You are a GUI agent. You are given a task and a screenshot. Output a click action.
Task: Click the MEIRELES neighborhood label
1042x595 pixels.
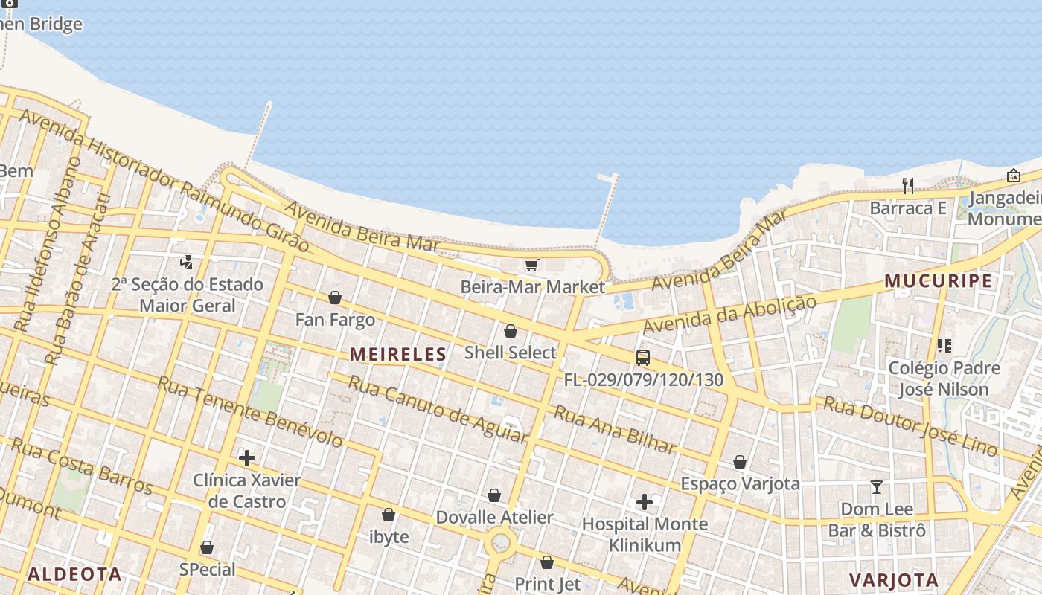tap(398, 355)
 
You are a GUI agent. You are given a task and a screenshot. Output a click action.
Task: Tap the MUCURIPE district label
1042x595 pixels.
tap(938, 281)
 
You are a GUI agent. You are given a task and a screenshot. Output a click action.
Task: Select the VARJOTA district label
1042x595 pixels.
tap(893, 580)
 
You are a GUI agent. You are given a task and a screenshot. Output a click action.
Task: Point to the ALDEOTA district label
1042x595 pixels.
tap(74, 574)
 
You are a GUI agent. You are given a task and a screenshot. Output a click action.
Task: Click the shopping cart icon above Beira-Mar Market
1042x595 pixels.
tap(531, 265)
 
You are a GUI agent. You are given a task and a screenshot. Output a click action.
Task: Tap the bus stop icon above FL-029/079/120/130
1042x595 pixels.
tap(643, 358)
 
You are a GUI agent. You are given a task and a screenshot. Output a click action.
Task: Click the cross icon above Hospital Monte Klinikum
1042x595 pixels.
tap(645, 503)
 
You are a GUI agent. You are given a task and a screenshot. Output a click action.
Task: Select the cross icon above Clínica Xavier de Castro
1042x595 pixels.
tap(247, 458)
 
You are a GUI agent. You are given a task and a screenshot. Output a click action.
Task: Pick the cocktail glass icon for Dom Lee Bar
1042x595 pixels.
tap(877, 487)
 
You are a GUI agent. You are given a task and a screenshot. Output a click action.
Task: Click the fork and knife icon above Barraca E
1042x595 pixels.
tap(908, 185)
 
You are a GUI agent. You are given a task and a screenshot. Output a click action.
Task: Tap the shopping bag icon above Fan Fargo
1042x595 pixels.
tap(335, 297)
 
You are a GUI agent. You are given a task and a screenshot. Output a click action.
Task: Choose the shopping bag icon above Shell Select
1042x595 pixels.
tap(511, 331)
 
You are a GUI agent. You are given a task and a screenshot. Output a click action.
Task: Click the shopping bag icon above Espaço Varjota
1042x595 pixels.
tap(739, 462)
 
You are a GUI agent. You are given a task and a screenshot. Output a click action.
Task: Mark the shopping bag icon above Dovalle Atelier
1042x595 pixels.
tap(494, 495)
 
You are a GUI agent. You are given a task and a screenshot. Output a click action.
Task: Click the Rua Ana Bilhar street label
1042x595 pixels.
tap(615, 431)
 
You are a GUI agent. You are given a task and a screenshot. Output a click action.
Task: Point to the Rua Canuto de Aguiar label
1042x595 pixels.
tap(438, 410)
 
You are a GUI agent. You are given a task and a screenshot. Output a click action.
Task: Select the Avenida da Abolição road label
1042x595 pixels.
tap(729, 315)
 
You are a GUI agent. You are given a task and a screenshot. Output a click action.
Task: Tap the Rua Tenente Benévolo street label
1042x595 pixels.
tap(250, 411)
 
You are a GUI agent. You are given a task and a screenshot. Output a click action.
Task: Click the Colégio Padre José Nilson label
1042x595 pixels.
tap(943, 379)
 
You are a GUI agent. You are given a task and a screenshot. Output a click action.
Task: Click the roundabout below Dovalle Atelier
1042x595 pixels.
tap(501, 543)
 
